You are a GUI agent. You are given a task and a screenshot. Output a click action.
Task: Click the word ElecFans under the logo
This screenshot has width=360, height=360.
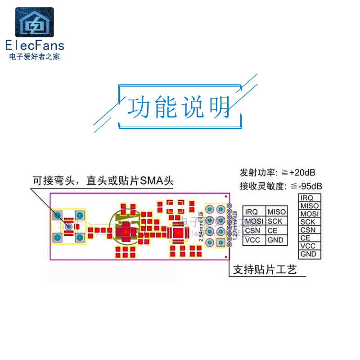tap(35, 45)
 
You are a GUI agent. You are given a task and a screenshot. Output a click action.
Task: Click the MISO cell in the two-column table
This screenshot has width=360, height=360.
tap(276, 211)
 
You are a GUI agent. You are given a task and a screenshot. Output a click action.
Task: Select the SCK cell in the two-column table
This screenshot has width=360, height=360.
tap(275, 221)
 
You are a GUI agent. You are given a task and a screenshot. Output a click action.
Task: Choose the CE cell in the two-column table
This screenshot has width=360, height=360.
tap(273, 230)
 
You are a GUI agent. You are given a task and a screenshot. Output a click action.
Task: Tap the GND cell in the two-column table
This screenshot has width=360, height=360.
tap(275, 240)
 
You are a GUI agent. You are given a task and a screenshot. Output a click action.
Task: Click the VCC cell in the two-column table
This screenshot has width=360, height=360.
tap(253, 240)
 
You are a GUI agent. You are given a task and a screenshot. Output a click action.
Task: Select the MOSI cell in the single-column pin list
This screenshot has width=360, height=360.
tap(309, 214)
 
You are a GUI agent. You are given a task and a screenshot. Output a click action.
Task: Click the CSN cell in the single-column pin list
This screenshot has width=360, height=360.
tap(308, 230)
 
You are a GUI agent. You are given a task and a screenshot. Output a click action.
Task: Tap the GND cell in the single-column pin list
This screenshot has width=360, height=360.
tap(308, 254)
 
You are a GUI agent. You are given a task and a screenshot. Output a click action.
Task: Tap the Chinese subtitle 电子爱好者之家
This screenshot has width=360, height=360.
tap(35, 57)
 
